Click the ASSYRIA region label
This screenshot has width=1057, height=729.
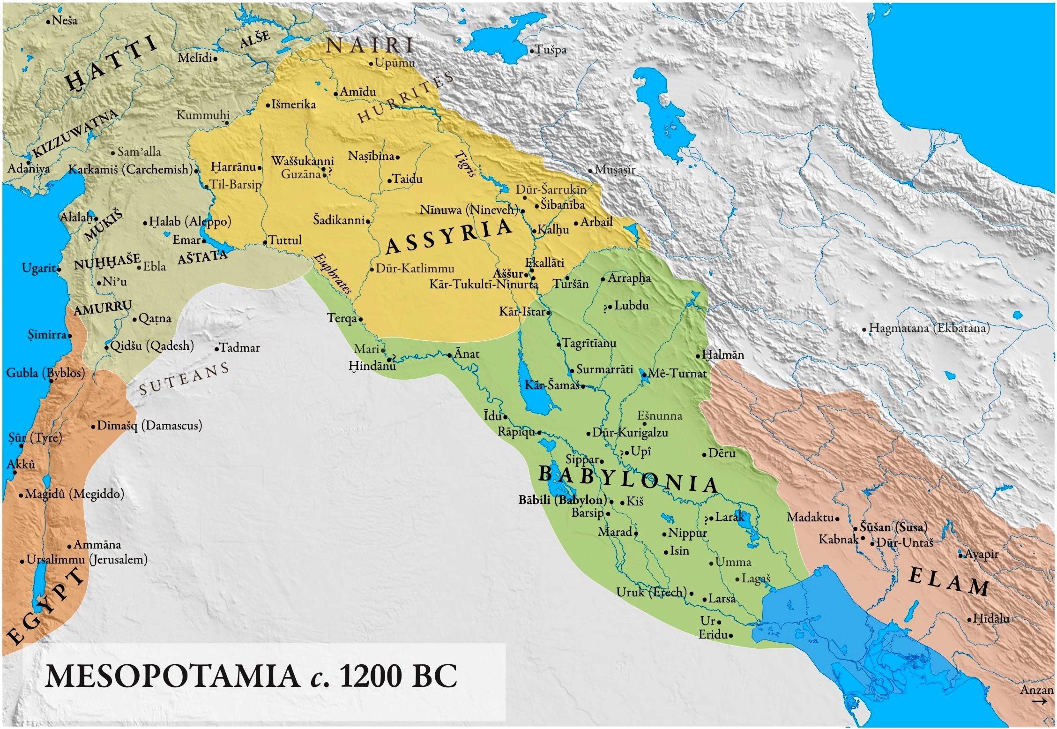(x=449, y=237)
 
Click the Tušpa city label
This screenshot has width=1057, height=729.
(x=551, y=49)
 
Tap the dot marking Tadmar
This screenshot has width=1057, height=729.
(x=217, y=349)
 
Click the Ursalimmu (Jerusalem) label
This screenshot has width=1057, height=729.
(x=87, y=559)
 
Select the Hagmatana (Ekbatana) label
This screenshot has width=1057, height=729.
(x=929, y=328)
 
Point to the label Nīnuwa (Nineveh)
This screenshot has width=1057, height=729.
(x=469, y=210)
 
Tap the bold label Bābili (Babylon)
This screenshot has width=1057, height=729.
(x=562, y=500)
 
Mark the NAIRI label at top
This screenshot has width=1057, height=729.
(x=370, y=45)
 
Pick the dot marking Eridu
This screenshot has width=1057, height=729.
(x=731, y=636)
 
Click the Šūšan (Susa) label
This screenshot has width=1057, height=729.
(x=893, y=527)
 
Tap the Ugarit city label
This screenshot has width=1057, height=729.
(x=39, y=268)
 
